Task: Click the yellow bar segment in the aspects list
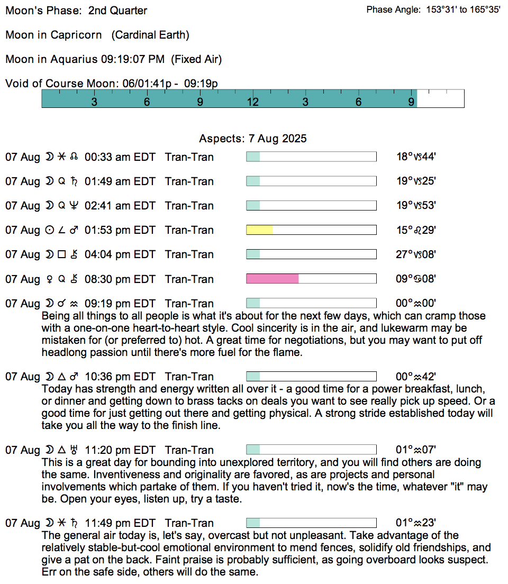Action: point(259,230)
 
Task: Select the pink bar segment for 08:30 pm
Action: point(273,279)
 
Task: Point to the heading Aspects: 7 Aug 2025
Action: point(253,139)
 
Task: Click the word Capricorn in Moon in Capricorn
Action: point(76,35)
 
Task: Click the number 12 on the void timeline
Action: point(252,102)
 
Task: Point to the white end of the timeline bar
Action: point(440,99)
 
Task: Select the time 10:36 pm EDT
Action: point(120,377)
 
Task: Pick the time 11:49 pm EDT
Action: point(120,524)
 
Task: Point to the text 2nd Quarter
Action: point(118,11)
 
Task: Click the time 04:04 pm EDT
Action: point(120,254)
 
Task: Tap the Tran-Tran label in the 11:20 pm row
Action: point(189,450)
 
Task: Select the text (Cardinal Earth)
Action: point(150,35)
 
